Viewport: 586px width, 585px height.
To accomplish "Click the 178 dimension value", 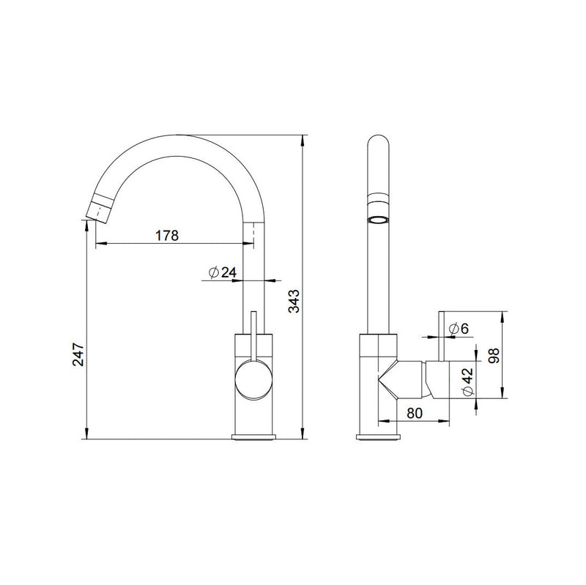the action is click(x=167, y=235).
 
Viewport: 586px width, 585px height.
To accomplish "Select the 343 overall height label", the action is click(x=294, y=301).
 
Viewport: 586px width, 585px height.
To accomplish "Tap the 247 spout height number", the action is click(x=78, y=354).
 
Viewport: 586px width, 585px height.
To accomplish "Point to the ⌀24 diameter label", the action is click(x=223, y=272).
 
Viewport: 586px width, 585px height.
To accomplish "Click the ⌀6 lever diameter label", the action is click(x=459, y=329).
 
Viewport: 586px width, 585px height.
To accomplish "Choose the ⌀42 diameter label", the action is click(x=468, y=381).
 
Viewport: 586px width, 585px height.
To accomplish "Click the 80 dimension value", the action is click(x=415, y=413).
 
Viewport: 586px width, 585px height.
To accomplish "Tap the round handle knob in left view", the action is click(x=253, y=379).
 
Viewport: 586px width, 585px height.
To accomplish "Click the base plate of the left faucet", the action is click(x=253, y=436).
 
